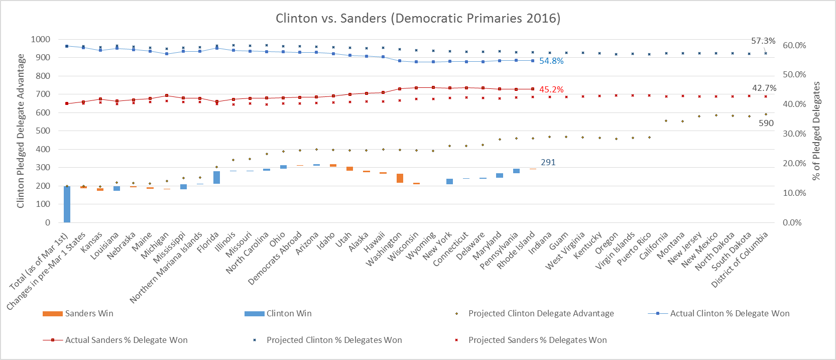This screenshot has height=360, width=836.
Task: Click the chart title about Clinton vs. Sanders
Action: pyautogui.click(x=418, y=18)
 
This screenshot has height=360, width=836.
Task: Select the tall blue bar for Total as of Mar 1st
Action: pyautogui.click(x=67, y=204)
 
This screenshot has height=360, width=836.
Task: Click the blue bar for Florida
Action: pyautogui.click(x=216, y=177)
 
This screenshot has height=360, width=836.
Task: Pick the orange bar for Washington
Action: pyautogui.click(x=400, y=178)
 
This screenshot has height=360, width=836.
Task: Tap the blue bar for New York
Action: pyautogui.click(x=449, y=181)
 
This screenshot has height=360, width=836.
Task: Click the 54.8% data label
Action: pyautogui.click(x=551, y=61)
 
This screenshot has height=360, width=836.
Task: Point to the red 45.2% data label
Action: pyautogui.click(x=551, y=89)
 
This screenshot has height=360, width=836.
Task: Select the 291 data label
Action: pyautogui.click(x=548, y=162)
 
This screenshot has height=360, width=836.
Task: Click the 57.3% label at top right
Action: pyautogui.click(x=763, y=41)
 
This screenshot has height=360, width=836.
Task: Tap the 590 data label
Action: pyautogui.click(x=766, y=123)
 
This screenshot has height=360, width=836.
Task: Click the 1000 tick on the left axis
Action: pyautogui.click(x=40, y=39)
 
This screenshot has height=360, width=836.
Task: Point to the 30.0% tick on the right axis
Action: pyautogui.click(x=794, y=134)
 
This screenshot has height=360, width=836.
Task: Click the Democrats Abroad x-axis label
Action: pyautogui.click(x=276, y=258)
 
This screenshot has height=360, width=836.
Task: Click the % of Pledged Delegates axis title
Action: pyautogui.click(x=816, y=131)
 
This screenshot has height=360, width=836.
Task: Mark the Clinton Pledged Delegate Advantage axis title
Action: pyautogui.click(x=21, y=131)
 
